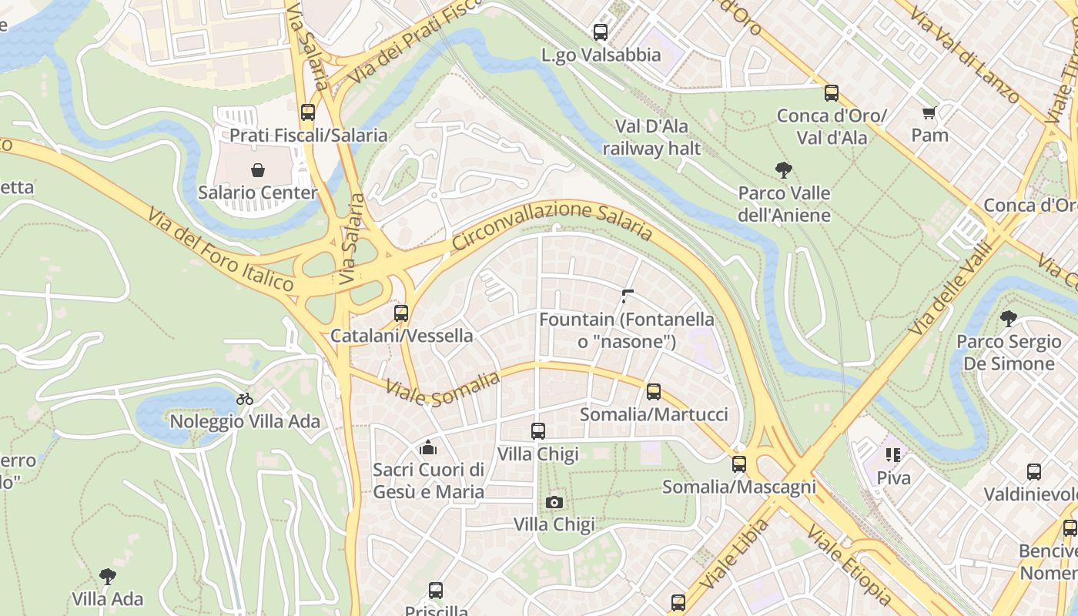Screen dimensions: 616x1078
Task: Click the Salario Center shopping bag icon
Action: click(x=257, y=169)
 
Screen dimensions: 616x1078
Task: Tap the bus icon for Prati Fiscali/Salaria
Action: click(x=308, y=112)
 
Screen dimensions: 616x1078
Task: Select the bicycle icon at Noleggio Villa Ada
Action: click(x=245, y=399)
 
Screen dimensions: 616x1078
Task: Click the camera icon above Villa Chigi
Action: click(x=554, y=503)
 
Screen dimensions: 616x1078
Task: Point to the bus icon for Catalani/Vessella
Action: click(x=401, y=313)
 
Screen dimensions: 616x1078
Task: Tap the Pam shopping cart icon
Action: click(x=929, y=113)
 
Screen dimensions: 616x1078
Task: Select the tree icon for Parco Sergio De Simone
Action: click(x=1008, y=319)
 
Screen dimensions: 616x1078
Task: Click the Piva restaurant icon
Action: click(x=893, y=455)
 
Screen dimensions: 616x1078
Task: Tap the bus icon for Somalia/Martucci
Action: click(x=654, y=392)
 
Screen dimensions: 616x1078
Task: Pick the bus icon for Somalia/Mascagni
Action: click(x=739, y=464)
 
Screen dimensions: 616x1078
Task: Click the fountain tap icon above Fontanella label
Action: click(x=627, y=296)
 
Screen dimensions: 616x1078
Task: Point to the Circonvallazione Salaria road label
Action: click(x=552, y=224)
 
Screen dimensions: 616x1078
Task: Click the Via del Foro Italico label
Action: click(x=220, y=250)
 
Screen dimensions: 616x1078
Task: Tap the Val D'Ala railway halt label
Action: click(x=651, y=137)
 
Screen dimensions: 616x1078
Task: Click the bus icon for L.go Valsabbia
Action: click(x=601, y=32)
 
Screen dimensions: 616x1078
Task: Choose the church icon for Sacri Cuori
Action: click(x=428, y=447)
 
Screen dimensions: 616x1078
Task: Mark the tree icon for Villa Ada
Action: click(x=108, y=576)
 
